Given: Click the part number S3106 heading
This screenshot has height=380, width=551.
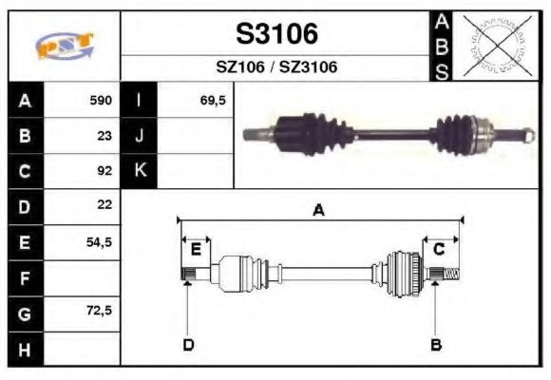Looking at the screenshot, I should [276, 34].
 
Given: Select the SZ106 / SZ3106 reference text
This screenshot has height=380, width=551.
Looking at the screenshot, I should [276, 67].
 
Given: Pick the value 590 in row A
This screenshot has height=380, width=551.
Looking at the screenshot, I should [101, 100].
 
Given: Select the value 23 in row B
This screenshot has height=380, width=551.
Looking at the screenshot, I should [104, 135].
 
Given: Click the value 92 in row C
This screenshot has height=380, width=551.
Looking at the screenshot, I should [104, 171].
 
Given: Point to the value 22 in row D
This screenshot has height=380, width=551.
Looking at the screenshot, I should [104, 205].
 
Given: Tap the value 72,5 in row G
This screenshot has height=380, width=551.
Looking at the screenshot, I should [99, 312].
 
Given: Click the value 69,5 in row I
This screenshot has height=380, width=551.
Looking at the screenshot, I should [213, 100].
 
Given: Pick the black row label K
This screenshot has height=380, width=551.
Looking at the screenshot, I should [140, 171].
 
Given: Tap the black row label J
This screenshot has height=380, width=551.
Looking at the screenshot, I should [140, 135].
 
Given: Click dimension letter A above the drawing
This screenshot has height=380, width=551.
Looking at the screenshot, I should [318, 211].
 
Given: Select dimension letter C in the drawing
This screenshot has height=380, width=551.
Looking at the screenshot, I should [439, 249].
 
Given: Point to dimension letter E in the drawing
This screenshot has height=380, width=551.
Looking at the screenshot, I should [196, 249].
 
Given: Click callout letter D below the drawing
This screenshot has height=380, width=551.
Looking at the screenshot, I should [187, 344].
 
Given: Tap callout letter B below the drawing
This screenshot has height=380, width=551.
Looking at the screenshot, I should [436, 344].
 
